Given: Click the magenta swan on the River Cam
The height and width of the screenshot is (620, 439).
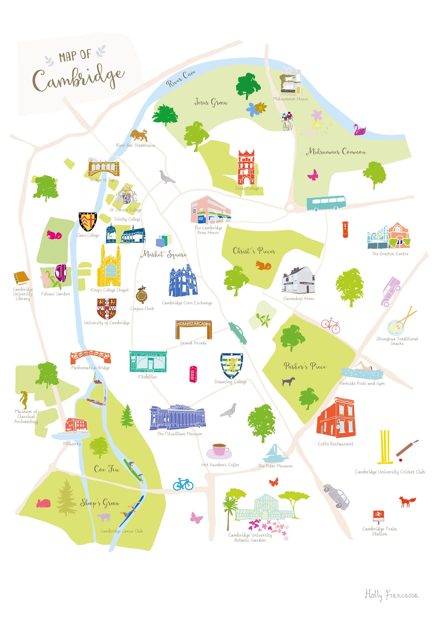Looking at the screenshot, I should (359, 130).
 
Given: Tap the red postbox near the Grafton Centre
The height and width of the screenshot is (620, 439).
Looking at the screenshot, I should (345, 229).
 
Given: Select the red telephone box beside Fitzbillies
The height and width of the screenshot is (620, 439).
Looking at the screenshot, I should (193, 374).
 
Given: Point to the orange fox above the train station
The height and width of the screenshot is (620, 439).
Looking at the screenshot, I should (407, 501).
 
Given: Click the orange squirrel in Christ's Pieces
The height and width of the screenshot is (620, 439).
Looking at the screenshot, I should (263, 265).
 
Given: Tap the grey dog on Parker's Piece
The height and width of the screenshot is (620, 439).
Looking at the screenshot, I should (288, 381).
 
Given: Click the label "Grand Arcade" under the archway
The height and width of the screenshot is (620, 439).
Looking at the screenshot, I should (194, 343).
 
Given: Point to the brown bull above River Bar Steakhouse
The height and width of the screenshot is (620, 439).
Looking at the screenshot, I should (139, 135).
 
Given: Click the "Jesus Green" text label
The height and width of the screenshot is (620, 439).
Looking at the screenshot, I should (211, 102).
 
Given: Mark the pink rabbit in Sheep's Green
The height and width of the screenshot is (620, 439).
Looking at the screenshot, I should (44, 504).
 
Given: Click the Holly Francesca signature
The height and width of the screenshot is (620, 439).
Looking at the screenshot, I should (391, 595).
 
